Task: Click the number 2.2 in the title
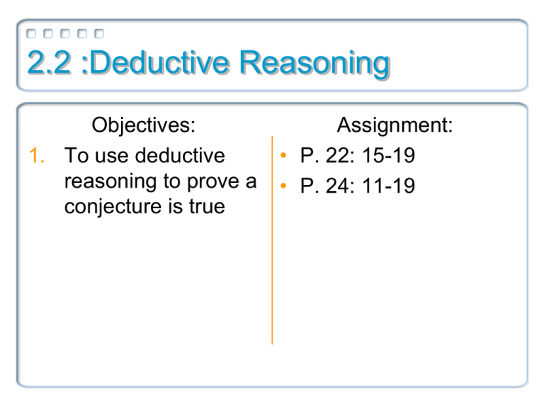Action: tap(49, 62)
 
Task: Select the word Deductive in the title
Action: tap(159, 62)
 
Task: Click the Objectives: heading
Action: tap(144, 125)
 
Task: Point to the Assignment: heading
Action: tap(395, 125)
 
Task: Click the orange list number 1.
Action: tap(37, 155)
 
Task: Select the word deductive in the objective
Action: tap(180, 155)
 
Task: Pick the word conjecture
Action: tap(113, 207)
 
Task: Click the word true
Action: tap(207, 206)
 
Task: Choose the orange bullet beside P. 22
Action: tap(283, 155)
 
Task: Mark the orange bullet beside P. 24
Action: tap(283, 186)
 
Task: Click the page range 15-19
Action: tap(389, 155)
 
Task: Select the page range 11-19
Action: tap(389, 186)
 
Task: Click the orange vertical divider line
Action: tap(272, 240)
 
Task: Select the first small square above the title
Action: tap(31, 34)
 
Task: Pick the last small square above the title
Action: tap(99, 34)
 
